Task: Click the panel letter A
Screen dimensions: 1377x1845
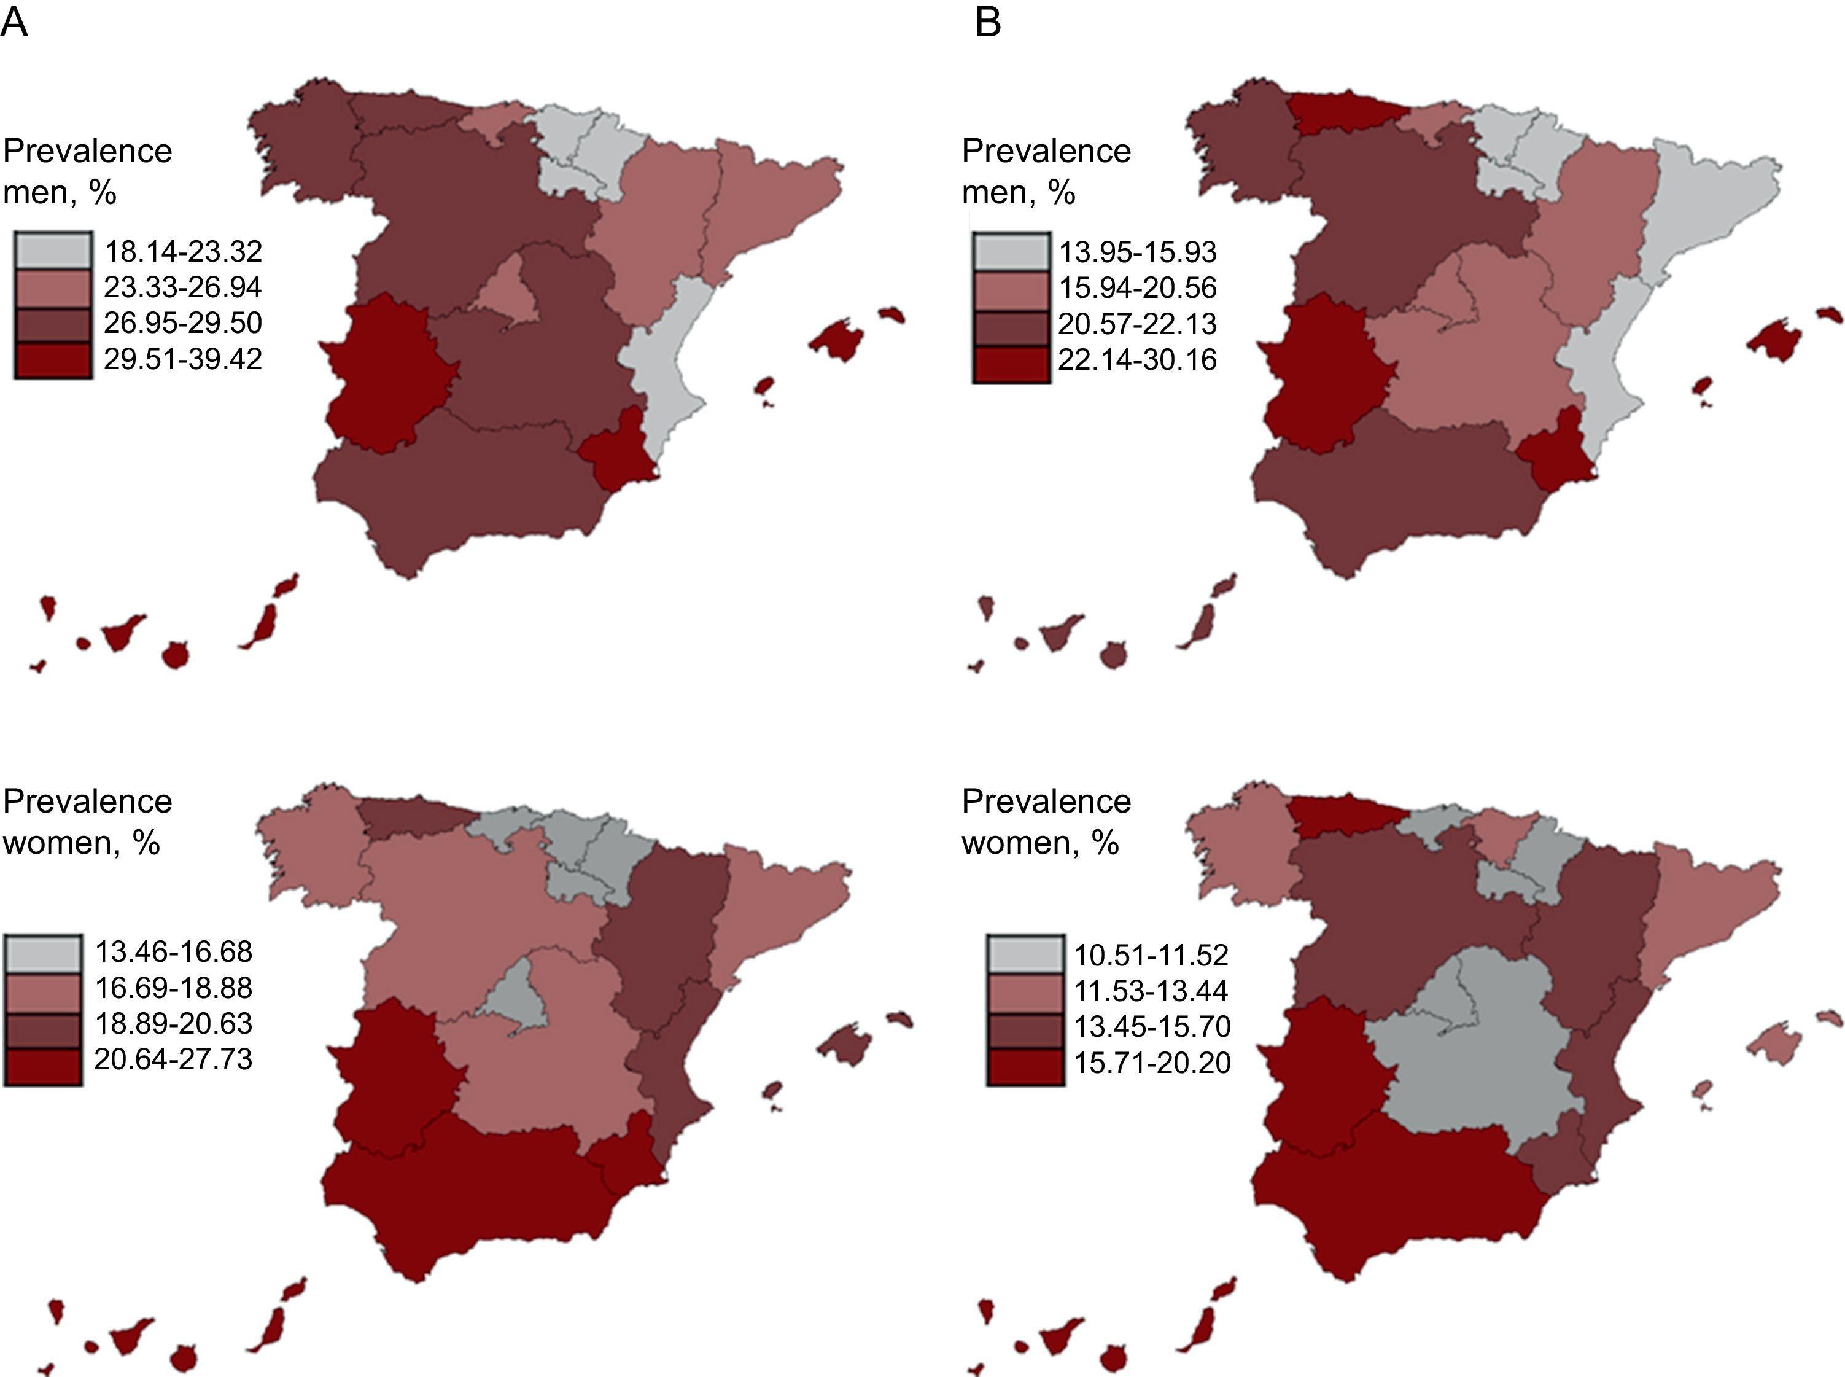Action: tap(14, 23)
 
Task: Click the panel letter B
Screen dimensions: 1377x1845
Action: tap(987, 23)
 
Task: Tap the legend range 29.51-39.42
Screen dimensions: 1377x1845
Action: tap(182, 359)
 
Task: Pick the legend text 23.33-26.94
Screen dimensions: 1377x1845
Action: tap(182, 287)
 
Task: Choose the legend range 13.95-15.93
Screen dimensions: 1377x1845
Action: tap(1138, 252)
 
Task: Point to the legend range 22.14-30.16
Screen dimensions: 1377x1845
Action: tap(1138, 360)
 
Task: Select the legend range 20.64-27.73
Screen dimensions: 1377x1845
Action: tap(173, 1059)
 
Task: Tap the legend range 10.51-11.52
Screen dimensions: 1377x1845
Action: tap(1151, 955)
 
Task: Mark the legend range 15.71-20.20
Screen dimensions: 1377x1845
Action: tap(1151, 1063)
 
